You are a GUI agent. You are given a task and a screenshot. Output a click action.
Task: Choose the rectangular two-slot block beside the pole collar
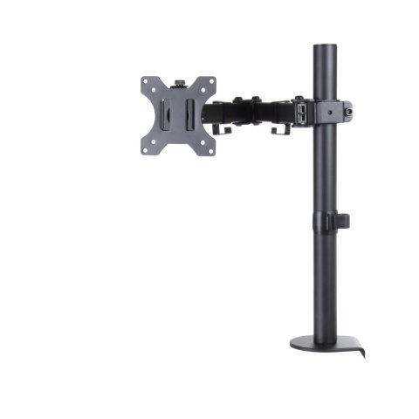click(x=301, y=111)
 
